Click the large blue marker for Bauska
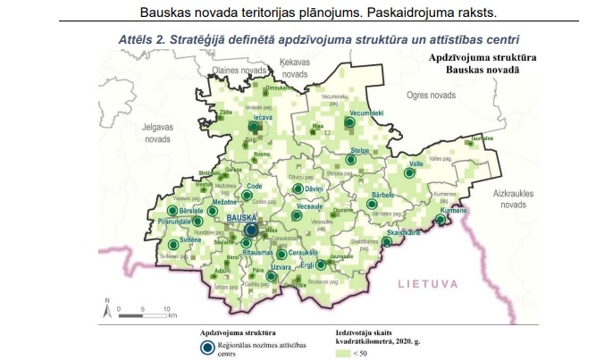click(251, 231)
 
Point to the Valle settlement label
click(416, 164)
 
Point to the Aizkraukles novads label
click(513, 198)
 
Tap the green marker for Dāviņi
click(298, 188)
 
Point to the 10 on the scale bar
click(167, 308)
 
